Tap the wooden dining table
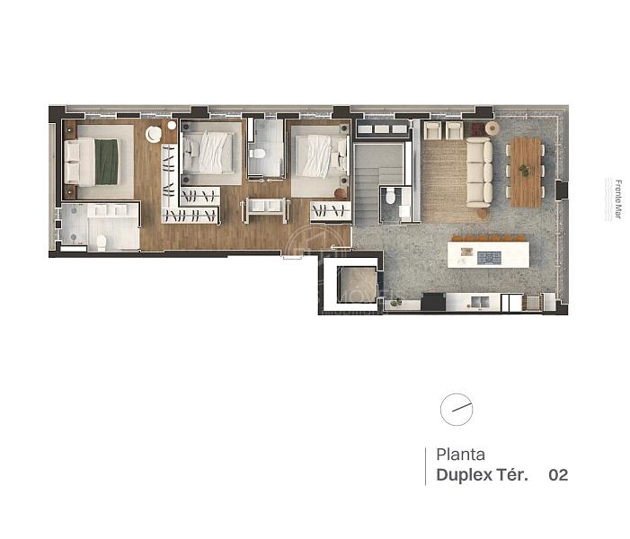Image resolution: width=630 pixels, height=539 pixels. (525, 171)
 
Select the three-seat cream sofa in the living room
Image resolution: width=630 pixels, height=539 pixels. (478, 172)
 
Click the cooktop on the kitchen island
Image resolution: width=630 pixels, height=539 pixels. (489, 258)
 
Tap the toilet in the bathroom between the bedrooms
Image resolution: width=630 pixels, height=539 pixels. (258, 154)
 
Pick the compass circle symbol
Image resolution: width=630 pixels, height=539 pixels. (457, 410)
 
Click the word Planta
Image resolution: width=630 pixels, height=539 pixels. (460, 455)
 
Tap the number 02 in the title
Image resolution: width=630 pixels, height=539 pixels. (558, 475)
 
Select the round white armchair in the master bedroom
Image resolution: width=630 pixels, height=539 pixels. (154, 135)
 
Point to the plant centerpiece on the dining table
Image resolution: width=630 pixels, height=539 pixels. (525, 171)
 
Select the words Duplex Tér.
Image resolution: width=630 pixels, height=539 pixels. (482, 475)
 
